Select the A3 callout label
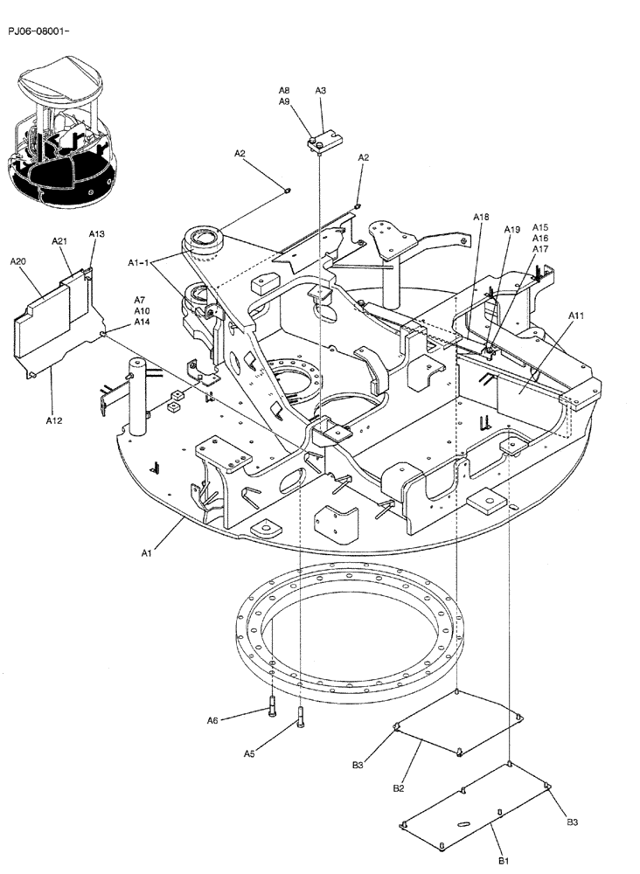pyautogui.click(x=321, y=90)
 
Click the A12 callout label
pyautogui.click(x=53, y=420)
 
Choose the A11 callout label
pyautogui.click(x=577, y=315)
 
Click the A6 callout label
pyautogui.click(x=212, y=720)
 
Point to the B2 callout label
pyautogui.click(x=399, y=787)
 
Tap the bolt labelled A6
pyautogui.click(x=273, y=705)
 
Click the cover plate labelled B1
pyautogui.click(x=477, y=808)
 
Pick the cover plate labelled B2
pyautogui.click(x=459, y=722)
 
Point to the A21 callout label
pyautogui.click(x=59, y=240)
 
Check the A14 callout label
pyautogui.click(x=142, y=322)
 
